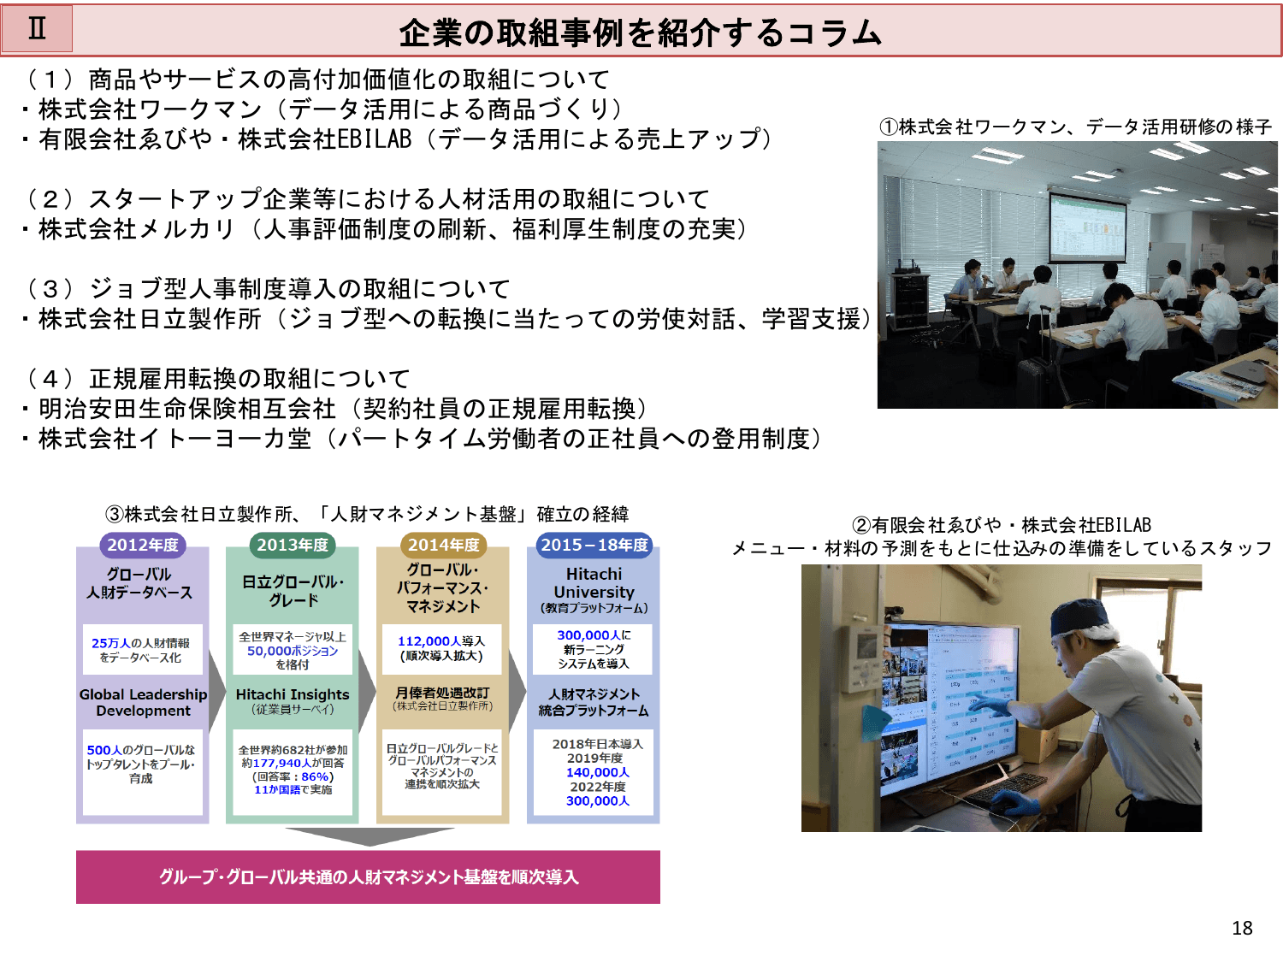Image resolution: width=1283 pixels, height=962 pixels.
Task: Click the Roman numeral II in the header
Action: [x=37, y=28]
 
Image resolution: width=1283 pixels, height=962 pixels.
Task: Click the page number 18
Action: [x=1242, y=928]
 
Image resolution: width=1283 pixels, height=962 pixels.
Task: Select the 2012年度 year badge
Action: [x=143, y=545]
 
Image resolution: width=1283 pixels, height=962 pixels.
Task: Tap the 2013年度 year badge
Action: [x=293, y=545]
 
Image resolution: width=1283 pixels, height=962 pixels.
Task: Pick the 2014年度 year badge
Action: [x=443, y=545]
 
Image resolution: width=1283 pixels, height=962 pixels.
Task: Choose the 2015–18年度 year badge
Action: [x=594, y=545]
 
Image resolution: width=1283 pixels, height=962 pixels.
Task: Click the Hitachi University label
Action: [x=594, y=583]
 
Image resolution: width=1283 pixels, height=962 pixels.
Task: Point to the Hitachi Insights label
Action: [x=293, y=694]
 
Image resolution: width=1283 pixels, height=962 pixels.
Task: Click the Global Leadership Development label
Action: [x=143, y=702]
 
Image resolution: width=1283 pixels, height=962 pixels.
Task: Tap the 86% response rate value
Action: [x=316, y=776]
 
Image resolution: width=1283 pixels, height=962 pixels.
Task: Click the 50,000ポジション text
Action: [x=293, y=651]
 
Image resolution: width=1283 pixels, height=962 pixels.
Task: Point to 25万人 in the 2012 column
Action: [x=110, y=643]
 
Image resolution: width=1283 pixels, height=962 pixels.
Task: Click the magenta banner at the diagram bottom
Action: [x=368, y=876]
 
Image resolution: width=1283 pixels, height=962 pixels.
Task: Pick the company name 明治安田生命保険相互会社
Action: [x=187, y=409]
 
